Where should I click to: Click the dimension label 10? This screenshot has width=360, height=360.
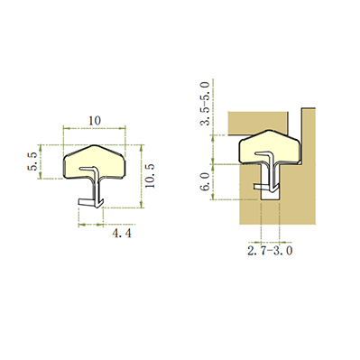[x=95, y=121]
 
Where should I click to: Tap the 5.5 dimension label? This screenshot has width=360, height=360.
[x=32, y=162]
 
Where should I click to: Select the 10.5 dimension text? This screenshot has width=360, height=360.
[x=150, y=176]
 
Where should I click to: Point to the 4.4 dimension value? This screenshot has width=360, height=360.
[x=122, y=234]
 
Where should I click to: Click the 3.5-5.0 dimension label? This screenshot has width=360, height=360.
[x=206, y=104]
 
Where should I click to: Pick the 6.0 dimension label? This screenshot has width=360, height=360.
[x=206, y=181]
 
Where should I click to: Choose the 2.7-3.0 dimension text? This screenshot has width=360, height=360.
[x=270, y=251]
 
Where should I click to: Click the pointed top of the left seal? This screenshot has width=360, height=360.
[x=94, y=145]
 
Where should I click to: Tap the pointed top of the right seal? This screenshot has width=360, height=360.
[x=269, y=130]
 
